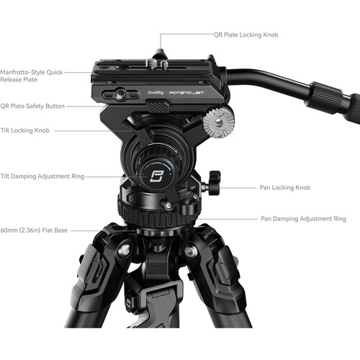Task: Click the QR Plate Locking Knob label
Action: tap(246, 34)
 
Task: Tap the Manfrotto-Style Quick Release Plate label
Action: tap(36, 76)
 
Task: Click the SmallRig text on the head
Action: tap(154, 93)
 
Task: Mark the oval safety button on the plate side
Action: tap(119, 95)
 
